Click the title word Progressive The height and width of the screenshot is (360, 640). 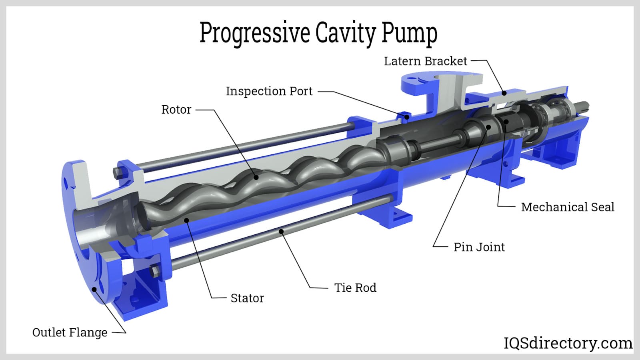(x=254, y=33)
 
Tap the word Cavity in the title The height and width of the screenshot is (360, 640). (x=345, y=33)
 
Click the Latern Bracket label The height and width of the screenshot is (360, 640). (x=425, y=61)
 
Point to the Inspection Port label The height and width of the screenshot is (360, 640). (x=269, y=91)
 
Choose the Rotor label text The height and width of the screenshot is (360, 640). (x=176, y=110)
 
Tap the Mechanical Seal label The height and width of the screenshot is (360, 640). (x=567, y=207)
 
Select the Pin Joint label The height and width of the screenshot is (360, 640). (x=479, y=247)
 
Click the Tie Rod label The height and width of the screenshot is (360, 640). (x=355, y=288)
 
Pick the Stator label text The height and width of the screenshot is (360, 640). (x=247, y=298)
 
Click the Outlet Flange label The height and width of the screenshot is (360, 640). (x=70, y=333)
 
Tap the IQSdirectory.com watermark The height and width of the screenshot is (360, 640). (x=568, y=343)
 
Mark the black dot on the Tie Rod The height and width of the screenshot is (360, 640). (x=282, y=231)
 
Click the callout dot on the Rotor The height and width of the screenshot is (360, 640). (x=256, y=176)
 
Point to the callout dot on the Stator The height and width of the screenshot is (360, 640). (x=186, y=220)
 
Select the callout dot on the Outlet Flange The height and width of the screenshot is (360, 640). (x=94, y=289)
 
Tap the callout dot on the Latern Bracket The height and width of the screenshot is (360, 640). (x=504, y=93)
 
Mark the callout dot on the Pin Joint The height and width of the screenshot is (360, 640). (x=488, y=127)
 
